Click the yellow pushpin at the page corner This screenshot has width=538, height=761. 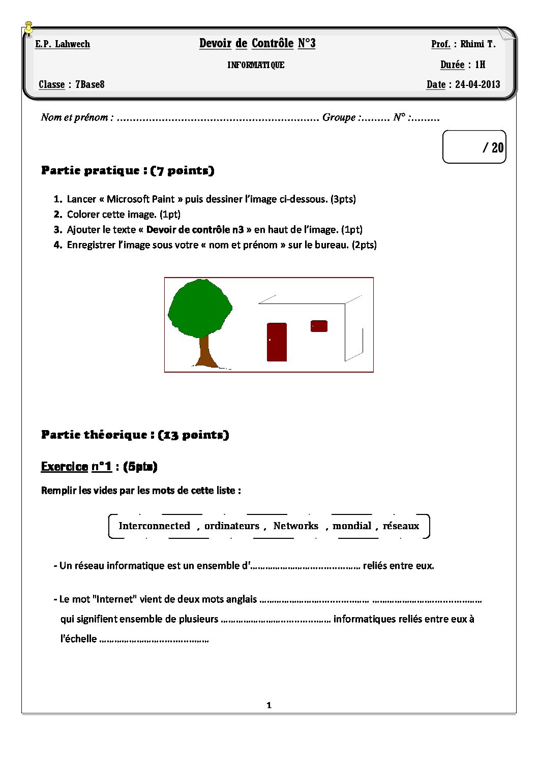[x=29, y=28]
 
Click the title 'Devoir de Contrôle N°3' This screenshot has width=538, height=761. [x=257, y=43]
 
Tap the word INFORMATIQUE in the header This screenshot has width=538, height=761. [x=256, y=65]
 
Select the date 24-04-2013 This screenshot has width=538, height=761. [x=477, y=84]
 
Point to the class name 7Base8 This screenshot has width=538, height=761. [x=90, y=84]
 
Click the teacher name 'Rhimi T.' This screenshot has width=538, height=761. [x=477, y=44]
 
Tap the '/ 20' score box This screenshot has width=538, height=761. [x=474, y=147]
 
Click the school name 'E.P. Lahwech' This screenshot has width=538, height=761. [x=63, y=44]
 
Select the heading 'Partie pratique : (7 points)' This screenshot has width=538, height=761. [x=128, y=170]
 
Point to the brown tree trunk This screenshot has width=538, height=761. [x=205, y=351]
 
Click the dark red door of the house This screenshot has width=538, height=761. [x=277, y=342]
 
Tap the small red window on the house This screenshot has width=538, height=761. [x=319, y=326]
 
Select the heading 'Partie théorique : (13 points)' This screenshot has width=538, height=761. [x=135, y=435]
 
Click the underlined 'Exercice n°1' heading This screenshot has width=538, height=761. [x=76, y=467]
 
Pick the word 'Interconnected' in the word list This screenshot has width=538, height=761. [x=154, y=526]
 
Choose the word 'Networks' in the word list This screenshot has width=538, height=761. [x=295, y=526]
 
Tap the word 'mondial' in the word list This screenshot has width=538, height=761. [x=352, y=526]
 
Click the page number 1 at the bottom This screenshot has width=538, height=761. [x=269, y=705]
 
